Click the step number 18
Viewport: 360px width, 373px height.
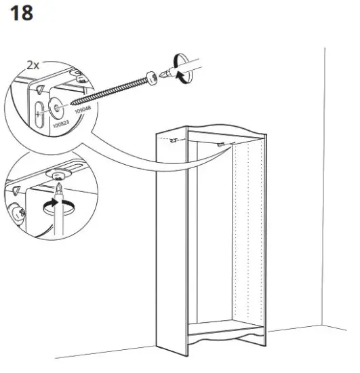pyautogui.click(x=20, y=13)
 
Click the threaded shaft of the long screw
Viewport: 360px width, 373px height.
pyautogui.click(x=108, y=90)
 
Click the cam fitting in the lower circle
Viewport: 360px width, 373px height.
pyautogui.click(x=17, y=212)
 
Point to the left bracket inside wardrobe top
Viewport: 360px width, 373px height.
pyautogui.click(x=174, y=141)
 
